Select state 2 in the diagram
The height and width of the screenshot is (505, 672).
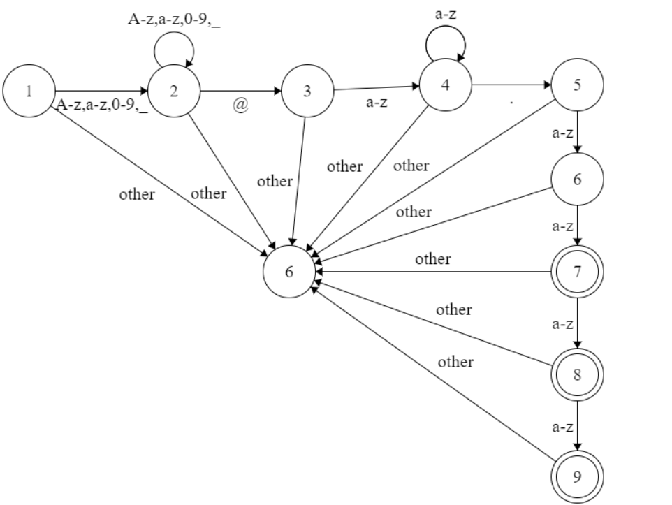click(x=174, y=92)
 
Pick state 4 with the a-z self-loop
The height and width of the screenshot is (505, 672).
click(x=445, y=85)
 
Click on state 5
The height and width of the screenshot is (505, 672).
click(x=577, y=85)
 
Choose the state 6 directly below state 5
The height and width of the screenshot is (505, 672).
click(x=577, y=179)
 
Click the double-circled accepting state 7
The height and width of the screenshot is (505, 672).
click(x=577, y=272)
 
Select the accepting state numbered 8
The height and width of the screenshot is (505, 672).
click(x=577, y=374)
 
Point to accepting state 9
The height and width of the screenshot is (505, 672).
click(x=577, y=476)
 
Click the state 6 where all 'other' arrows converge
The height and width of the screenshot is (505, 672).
click(x=289, y=272)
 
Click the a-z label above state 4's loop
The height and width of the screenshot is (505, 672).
click(x=446, y=13)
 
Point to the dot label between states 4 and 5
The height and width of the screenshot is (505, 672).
click(x=511, y=103)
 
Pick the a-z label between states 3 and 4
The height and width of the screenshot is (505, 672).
click(x=378, y=103)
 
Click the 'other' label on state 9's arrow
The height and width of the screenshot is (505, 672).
click(x=455, y=362)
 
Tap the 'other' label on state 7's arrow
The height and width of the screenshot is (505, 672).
click(x=433, y=259)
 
